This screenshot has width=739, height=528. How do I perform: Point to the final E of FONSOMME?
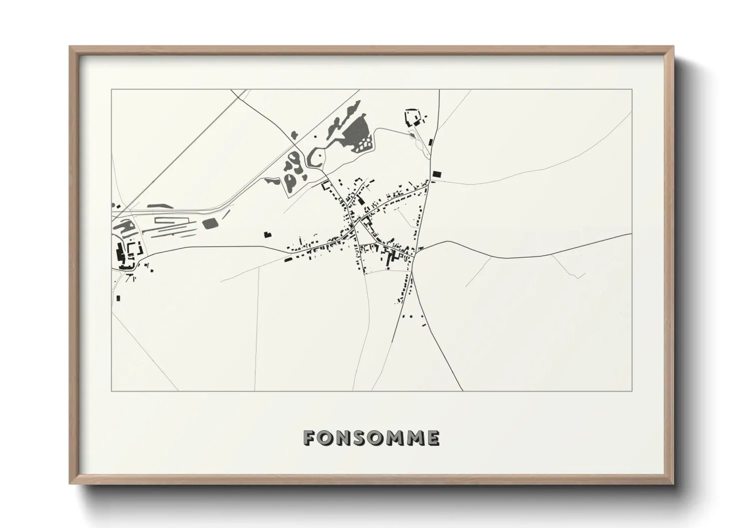point(432,438)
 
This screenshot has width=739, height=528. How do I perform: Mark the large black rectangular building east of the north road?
point(437,174)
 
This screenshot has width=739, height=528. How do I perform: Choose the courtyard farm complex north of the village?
point(412,118)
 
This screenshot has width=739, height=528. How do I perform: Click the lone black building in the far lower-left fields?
point(118,298)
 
